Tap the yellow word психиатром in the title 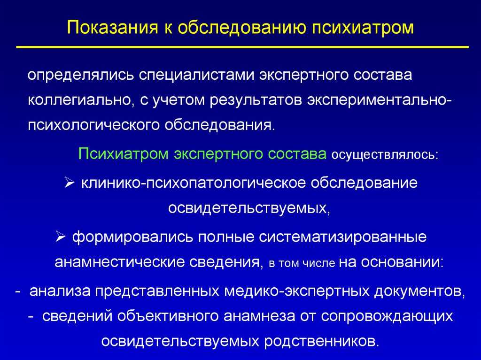[363, 28]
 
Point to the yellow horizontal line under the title [242, 47]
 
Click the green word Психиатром [124, 154]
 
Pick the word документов [419, 291]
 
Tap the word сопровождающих [387, 317]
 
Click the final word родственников [322, 341]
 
